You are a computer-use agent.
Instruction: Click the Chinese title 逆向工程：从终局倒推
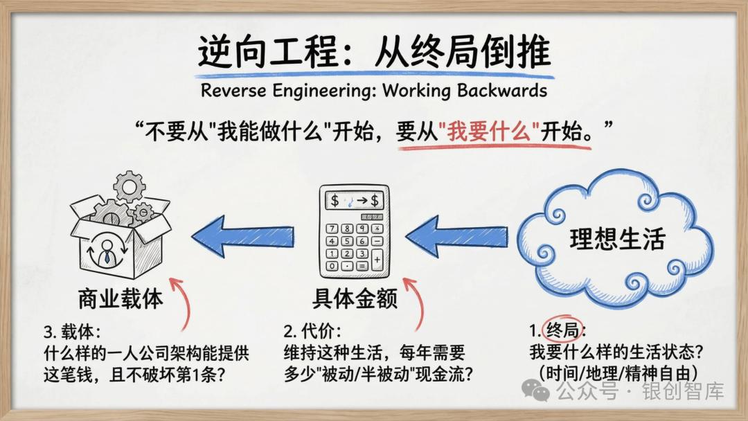pos(375,52)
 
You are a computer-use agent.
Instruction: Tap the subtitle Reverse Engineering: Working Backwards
pos(374,90)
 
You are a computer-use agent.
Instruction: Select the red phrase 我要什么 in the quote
pos(488,131)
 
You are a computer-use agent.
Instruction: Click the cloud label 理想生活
pos(617,239)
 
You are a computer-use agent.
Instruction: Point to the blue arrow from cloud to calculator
pos(456,236)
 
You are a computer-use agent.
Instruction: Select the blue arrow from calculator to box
pos(242,236)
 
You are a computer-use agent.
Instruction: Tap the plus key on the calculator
pos(377,260)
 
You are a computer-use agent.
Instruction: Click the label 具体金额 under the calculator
pos(355,299)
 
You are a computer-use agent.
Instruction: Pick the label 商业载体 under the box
pos(121,299)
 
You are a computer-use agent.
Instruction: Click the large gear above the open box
pos(130,186)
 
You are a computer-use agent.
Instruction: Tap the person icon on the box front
pos(107,251)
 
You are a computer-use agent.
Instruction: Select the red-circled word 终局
pos(563,330)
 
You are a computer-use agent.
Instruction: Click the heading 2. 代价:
pos(312,330)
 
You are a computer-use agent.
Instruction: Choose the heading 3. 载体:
pos(72,330)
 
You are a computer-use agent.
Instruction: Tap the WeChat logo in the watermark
pos(535,391)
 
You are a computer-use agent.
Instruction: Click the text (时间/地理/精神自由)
pos(618,373)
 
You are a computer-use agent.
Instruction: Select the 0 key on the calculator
pos(332,266)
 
